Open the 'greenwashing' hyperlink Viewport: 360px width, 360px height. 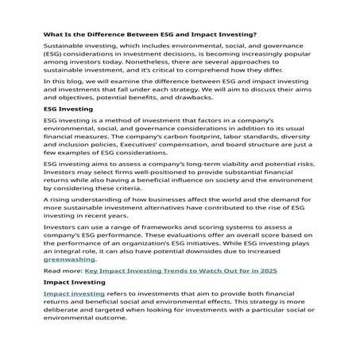point(69,258)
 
